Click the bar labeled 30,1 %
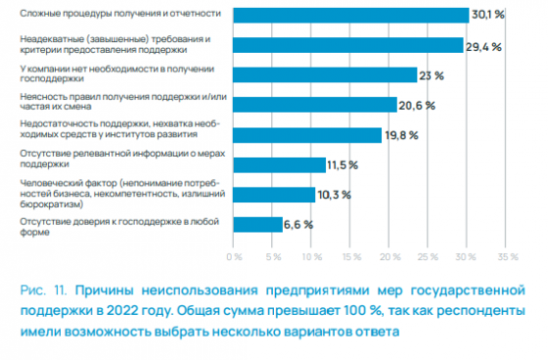coord(350,15)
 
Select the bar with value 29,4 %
coord(347,44)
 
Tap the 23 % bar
coord(323,74)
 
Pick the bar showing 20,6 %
coord(313,104)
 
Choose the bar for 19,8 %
coord(307,134)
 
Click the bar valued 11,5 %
coord(278,163)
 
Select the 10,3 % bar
coord(274,194)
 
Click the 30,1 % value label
coord(489,15)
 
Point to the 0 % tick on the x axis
coord(234,257)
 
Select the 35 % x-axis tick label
coord(508,257)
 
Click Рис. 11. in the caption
coord(45,292)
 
